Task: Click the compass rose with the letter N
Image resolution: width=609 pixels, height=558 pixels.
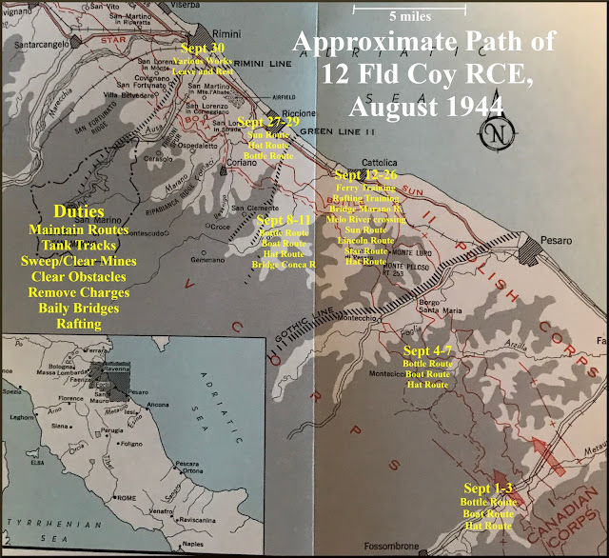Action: [493, 133]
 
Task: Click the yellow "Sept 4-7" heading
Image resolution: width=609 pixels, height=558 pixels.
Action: [427, 352]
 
